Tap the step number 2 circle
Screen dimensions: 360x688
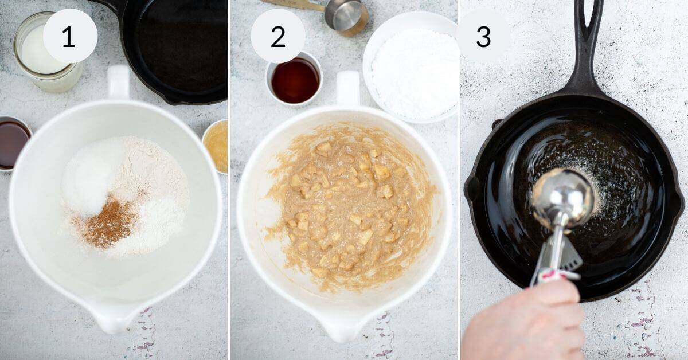[278, 36]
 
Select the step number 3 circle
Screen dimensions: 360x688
[483, 36]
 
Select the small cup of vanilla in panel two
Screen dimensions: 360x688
[295, 80]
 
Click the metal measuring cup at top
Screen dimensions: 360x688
[344, 15]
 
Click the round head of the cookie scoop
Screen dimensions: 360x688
[562, 198]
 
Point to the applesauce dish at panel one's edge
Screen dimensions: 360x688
[217, 146]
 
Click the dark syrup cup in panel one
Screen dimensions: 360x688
[13, 143]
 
